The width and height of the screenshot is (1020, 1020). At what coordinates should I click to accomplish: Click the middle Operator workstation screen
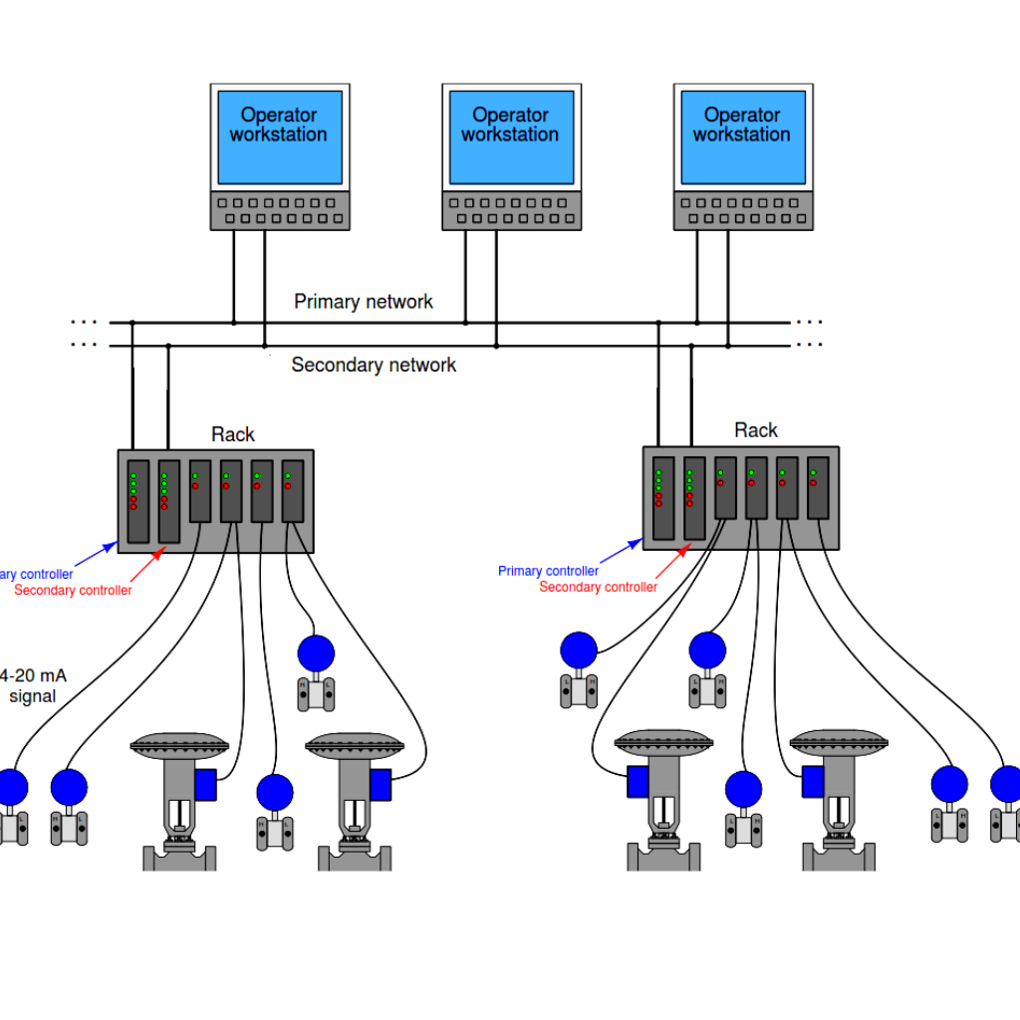coord(511,137)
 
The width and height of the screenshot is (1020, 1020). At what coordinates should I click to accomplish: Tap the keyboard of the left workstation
coord(280,210)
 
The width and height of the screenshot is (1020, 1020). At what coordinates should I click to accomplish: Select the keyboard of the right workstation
coord(743,210)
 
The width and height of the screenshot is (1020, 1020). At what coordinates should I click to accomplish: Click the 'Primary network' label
coord(364,302)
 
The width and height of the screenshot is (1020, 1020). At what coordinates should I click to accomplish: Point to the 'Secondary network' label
coord(374,366)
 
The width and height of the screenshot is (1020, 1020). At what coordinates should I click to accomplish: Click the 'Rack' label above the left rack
coord(232,434)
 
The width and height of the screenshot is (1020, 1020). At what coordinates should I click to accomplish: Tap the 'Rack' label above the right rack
coord(755,430)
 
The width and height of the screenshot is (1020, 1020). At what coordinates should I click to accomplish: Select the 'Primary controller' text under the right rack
coord(548,571)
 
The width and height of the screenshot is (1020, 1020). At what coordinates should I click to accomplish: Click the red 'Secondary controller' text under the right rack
coord(598,587)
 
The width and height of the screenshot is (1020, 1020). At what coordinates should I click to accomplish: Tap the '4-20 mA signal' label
coord(34,685)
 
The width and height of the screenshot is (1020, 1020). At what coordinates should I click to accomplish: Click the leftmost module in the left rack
coord(138,501)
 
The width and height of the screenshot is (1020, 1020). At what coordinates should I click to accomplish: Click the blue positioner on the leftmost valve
coord(205,784)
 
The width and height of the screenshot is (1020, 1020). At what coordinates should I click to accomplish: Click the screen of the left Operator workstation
coord(279,137)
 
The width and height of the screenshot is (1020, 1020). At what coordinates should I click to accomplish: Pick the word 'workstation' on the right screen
coord(742,134)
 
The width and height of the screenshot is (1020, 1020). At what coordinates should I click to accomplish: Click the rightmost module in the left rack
coord(293,491)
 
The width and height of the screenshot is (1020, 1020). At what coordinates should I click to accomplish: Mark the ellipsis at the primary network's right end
coord(809,322)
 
